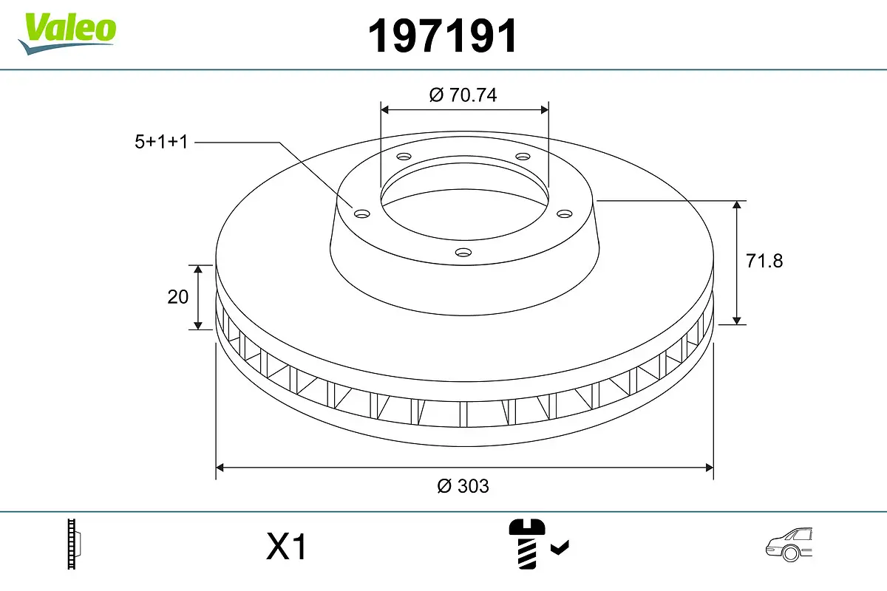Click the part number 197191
click(x=443, y=36)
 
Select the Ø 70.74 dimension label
click(x=463, y=95)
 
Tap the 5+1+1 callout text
click(x=161, y=142)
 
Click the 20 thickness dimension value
click(x=178, y=297)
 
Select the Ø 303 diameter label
click(x=463, y=486)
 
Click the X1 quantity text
click(x=286, y=547)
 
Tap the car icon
click(x=789, y=546)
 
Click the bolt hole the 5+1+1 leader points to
click(x=361, y=213)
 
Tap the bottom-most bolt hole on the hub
click(x=463, y=253)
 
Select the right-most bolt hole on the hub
click(x=565, y=213)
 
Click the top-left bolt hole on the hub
click(x=403, y=157)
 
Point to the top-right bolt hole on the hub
click(x=523, y=157)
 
